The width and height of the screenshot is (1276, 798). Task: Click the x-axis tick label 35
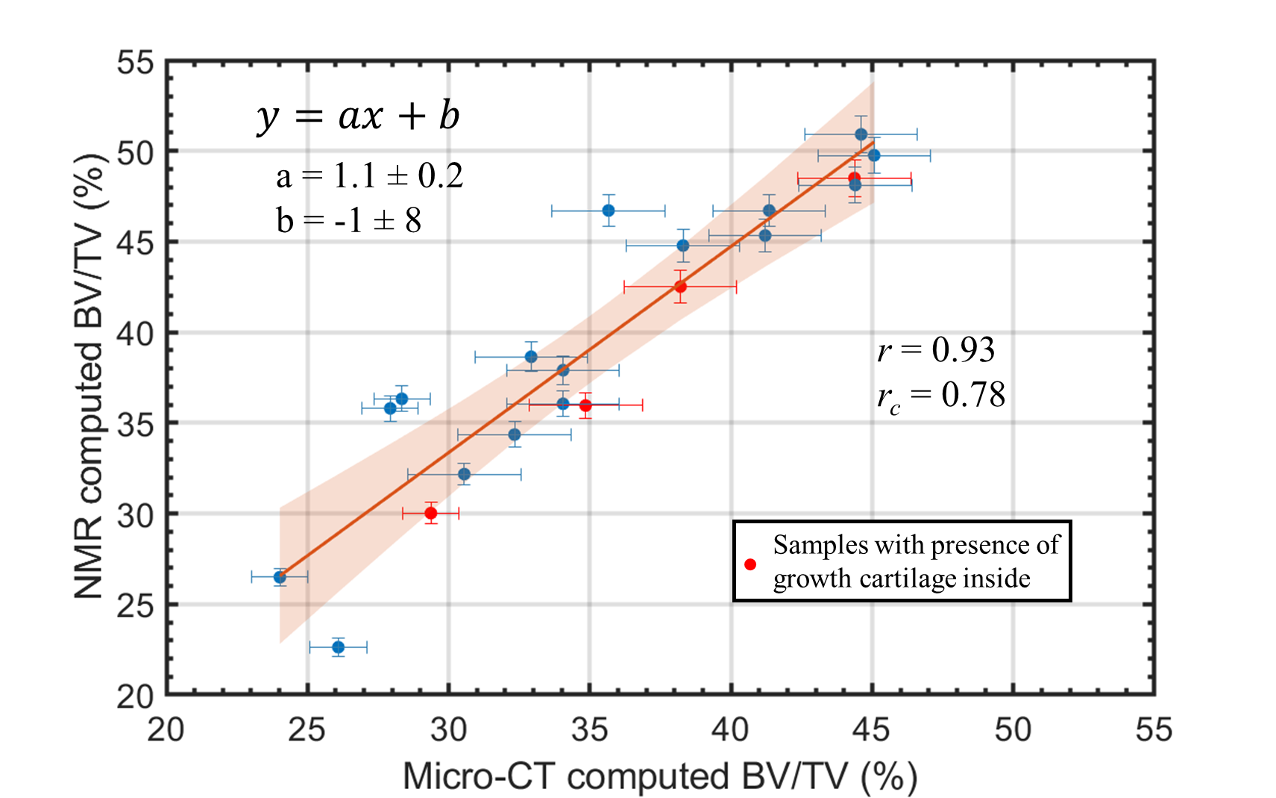[589, 729]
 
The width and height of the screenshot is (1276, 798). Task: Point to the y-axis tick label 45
[135, 243]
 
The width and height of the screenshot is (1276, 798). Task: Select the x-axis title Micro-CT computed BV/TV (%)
[659, 776]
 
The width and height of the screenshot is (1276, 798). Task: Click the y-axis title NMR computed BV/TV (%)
[89, 376]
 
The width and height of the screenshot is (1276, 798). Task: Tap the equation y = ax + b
[358, 116]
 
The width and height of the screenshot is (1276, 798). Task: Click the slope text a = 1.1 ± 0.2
[369, 176]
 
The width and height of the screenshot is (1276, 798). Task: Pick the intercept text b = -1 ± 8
[348, 220]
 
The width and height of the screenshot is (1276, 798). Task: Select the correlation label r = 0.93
[936, 349]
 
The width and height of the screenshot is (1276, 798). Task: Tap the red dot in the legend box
[750, 564]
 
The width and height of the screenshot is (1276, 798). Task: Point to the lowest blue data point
[338, 646]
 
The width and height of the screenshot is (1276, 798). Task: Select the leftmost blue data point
[280, 577]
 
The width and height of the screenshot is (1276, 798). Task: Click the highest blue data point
[861, 134]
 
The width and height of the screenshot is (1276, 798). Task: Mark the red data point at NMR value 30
[430, 513]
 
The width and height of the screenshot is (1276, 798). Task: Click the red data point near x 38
[680, 287]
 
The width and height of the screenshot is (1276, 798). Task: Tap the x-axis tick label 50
[1012, 729]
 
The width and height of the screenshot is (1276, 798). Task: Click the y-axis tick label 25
[135, 605]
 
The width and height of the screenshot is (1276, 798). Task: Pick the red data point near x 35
[585, 405]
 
